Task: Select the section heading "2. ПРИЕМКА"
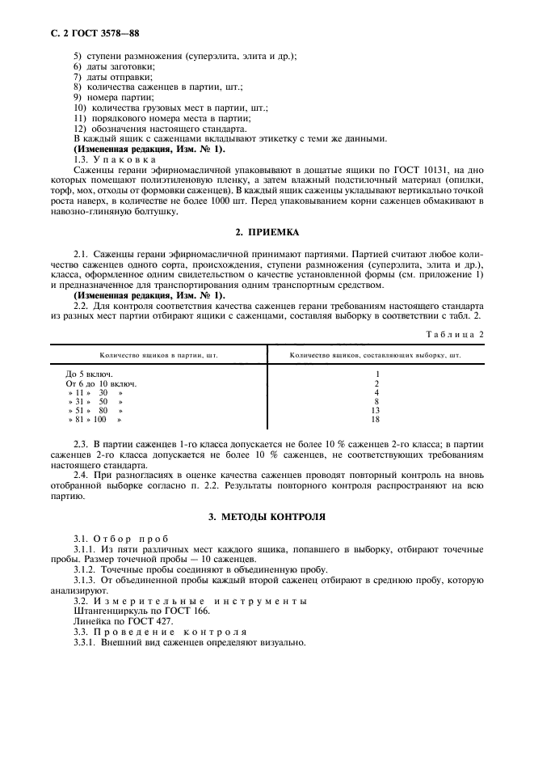tap(266, 233)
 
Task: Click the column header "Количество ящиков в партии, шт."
tap(158, 355)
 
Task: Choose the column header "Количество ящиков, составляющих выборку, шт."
tap(376, 355)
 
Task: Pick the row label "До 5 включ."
tap(89, 374)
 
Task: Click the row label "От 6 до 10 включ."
tap(101, 383)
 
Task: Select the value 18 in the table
tap(375, 420)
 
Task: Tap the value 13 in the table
tap(375, 411)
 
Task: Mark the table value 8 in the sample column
tap(376, 402)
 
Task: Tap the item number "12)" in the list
tap(80, 128)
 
